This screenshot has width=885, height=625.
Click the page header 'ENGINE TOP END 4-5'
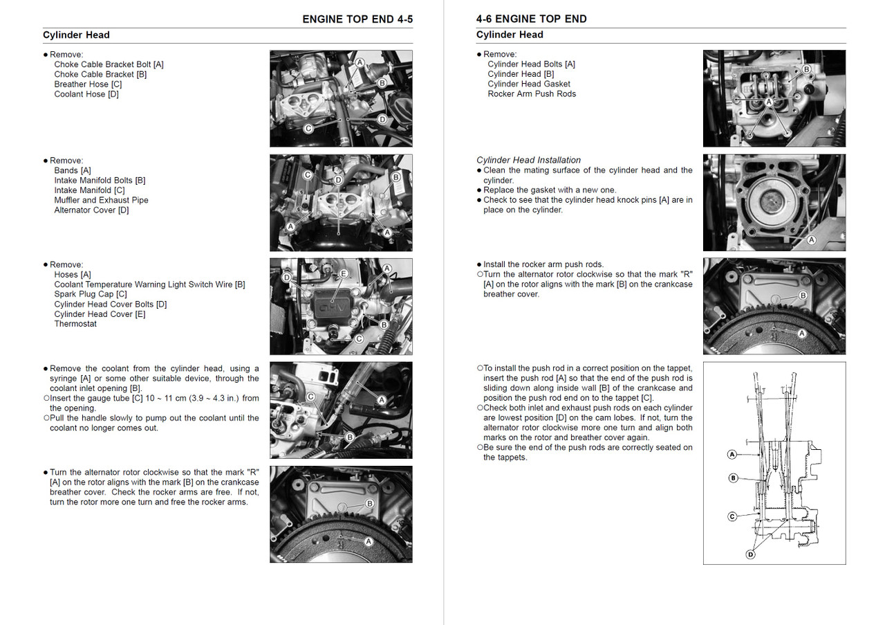(x=357, y=19)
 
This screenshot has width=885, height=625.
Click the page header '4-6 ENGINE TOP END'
(x=531, y=19)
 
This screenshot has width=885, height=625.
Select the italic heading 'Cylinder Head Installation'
(x=528, y=160)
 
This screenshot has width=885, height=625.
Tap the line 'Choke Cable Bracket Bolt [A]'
(x=109, y=64)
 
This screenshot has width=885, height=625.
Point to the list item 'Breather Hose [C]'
(x=88, y=84)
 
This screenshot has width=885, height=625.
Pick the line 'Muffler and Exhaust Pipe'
(x=101, y=200)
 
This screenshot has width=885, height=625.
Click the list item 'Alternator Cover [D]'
(x=91, y=210)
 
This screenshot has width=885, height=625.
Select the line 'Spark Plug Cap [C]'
(x=91, y=294)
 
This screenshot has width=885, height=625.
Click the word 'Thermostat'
(x=75, y=324)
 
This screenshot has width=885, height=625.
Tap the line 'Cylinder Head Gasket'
(x=529, y=84)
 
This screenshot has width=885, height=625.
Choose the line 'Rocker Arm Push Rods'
(x=532, y=94)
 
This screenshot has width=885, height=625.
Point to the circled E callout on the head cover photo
(x=343, y=274)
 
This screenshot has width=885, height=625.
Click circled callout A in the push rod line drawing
(x=732, y=455)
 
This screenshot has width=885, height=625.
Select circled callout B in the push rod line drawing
(x=734, y=478)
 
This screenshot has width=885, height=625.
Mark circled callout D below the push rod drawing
(x=751, y=554)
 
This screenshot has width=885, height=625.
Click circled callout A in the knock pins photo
(x=812, y=240)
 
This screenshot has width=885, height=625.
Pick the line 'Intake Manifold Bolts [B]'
(x=100, y=181)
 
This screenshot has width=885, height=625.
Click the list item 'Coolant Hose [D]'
(x=86, y=94)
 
